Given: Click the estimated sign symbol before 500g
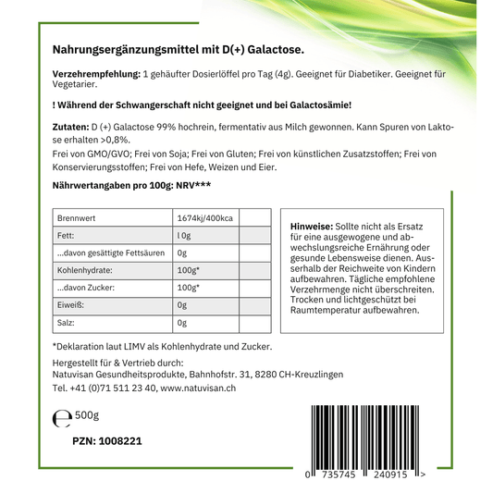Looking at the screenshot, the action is click(62, 419).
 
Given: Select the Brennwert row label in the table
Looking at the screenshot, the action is click(77, 217).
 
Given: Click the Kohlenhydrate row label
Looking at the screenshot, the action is click(84, 270).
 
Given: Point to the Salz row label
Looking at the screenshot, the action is click(67, 323).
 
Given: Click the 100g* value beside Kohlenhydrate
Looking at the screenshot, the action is click(188, 270).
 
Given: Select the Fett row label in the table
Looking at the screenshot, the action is click(66, 235).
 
